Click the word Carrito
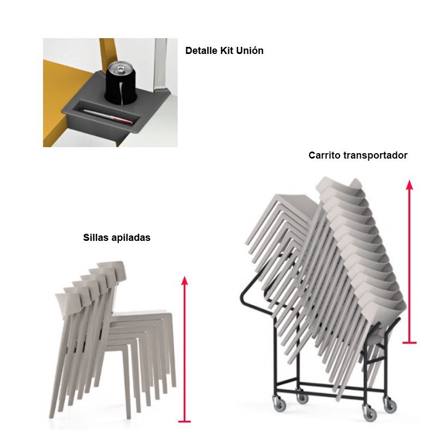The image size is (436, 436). pyautogui.click(x=324, y=155)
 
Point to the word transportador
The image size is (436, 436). pyautogui.click(x=376, y=155)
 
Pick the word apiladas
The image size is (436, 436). pyautogui.click(x=130, y=238)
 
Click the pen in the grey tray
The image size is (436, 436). pyautogui.click(x=107, y=116)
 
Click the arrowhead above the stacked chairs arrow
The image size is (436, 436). pyautogui.click(x=185, y=281)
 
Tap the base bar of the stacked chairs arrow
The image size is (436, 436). pyautogui.click(x=185, y=421)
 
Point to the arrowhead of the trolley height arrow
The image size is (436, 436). pyautogui.click(x=409, y=185)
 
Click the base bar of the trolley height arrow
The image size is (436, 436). pyautogui.click(x=409, y=343)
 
